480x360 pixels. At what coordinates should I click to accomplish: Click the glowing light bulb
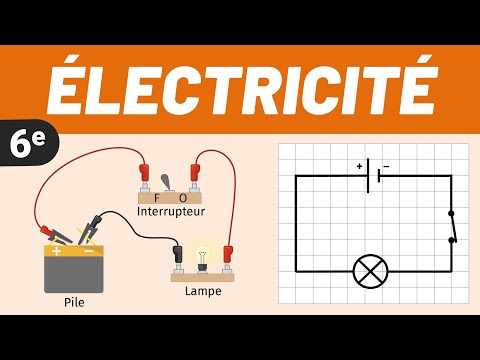coord(204,256)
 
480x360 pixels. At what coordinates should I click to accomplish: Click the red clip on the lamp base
coord(228,257)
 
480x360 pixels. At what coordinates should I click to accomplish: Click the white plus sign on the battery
coord(55,251)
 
